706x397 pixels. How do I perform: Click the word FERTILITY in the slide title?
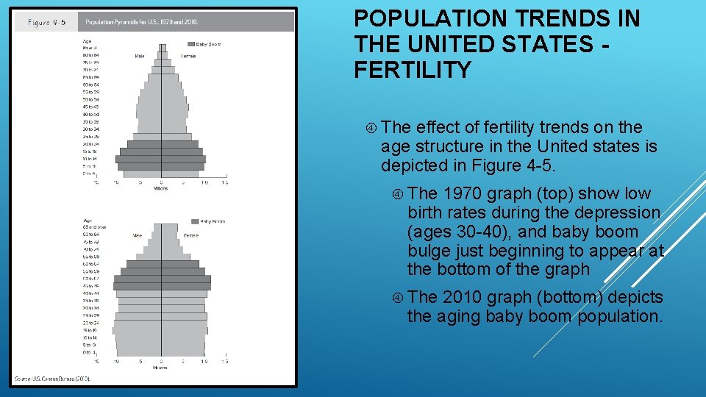412,70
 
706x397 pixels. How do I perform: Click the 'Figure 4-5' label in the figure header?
47,22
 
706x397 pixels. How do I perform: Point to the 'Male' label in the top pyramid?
140,56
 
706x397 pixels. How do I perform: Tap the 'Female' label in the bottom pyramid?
190,235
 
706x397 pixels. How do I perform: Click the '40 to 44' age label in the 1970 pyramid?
91,114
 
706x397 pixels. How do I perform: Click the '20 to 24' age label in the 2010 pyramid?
91,323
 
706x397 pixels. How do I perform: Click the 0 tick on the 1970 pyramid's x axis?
162,182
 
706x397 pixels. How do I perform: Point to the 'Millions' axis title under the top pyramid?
161,189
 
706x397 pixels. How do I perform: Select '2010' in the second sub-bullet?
463,298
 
